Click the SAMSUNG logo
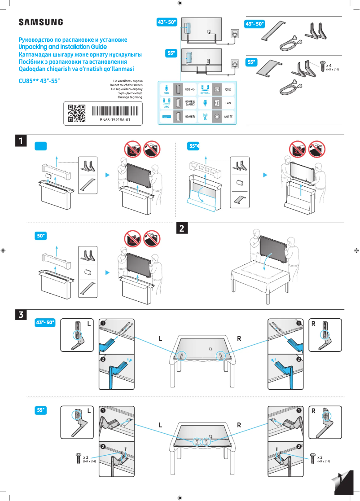pos(40,22)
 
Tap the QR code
pos(76,113)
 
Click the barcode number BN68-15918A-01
pos(115,120)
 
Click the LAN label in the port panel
pos(228,103)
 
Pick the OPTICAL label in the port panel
pos(206,93)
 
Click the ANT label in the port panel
pos(228,116)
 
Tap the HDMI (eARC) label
pos(189,103)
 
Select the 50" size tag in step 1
pos(41,236)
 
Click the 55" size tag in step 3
pos(41,410)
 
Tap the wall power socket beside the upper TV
pos(235,33)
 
